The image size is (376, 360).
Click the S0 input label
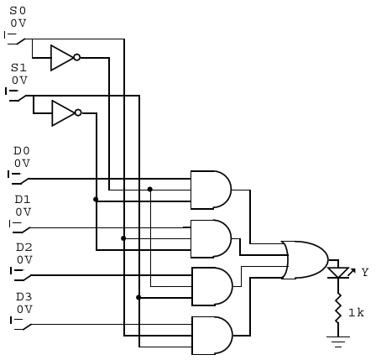point(18,10)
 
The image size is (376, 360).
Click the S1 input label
point(18,66)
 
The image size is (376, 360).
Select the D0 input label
point(22,150)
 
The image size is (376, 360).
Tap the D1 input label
point(23,199)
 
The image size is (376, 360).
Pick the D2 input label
point(23,247)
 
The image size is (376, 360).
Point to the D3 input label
point(24,296)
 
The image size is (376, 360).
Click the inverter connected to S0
point(64,58)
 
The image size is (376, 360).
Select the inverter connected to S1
point(65,113)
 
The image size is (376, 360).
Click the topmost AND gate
point(210,190)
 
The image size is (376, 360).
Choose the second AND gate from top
point(210,238)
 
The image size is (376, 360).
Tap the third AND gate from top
point(211,286)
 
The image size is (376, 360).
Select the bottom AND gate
point(211,335)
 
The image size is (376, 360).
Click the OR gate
point(305,260)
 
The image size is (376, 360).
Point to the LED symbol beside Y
point(338,273)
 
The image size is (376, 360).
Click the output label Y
point(364,273)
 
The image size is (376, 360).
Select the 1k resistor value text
point(356,312)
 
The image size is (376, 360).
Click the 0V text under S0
point(18,23)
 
